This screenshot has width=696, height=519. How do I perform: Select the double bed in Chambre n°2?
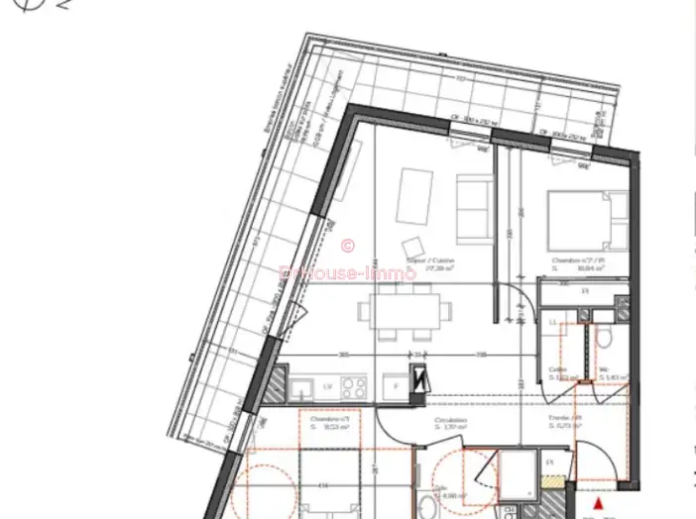coord(588,222)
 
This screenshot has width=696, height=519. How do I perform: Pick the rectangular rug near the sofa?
coord(413,196)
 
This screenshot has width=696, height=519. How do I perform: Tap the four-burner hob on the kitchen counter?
coord(353,385)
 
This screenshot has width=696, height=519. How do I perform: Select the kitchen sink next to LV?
coord(302,386)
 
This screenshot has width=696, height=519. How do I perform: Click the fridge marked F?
coord(396,384)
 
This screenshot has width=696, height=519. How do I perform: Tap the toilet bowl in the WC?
coord(604,340)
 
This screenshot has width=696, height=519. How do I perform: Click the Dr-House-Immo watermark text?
coord(348,272)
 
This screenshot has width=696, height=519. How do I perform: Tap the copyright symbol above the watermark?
coord(347,245)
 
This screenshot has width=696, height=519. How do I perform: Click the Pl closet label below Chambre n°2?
coord(585,291)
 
